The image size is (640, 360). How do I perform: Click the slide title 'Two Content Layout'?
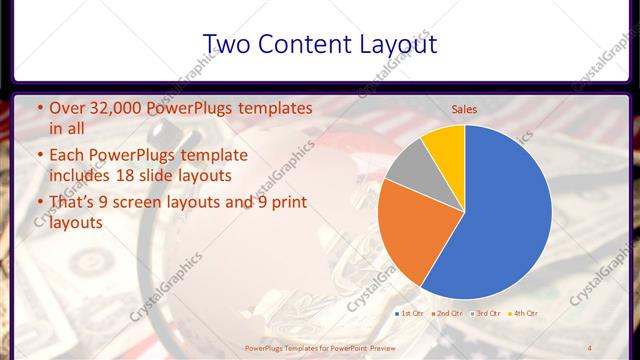(319, 44)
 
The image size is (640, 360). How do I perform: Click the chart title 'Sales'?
(464, 108)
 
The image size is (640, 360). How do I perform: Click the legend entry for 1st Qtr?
(409, 314)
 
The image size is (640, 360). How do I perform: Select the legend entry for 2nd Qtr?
(447, 314)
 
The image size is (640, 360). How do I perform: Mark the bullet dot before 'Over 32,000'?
(39, 108)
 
